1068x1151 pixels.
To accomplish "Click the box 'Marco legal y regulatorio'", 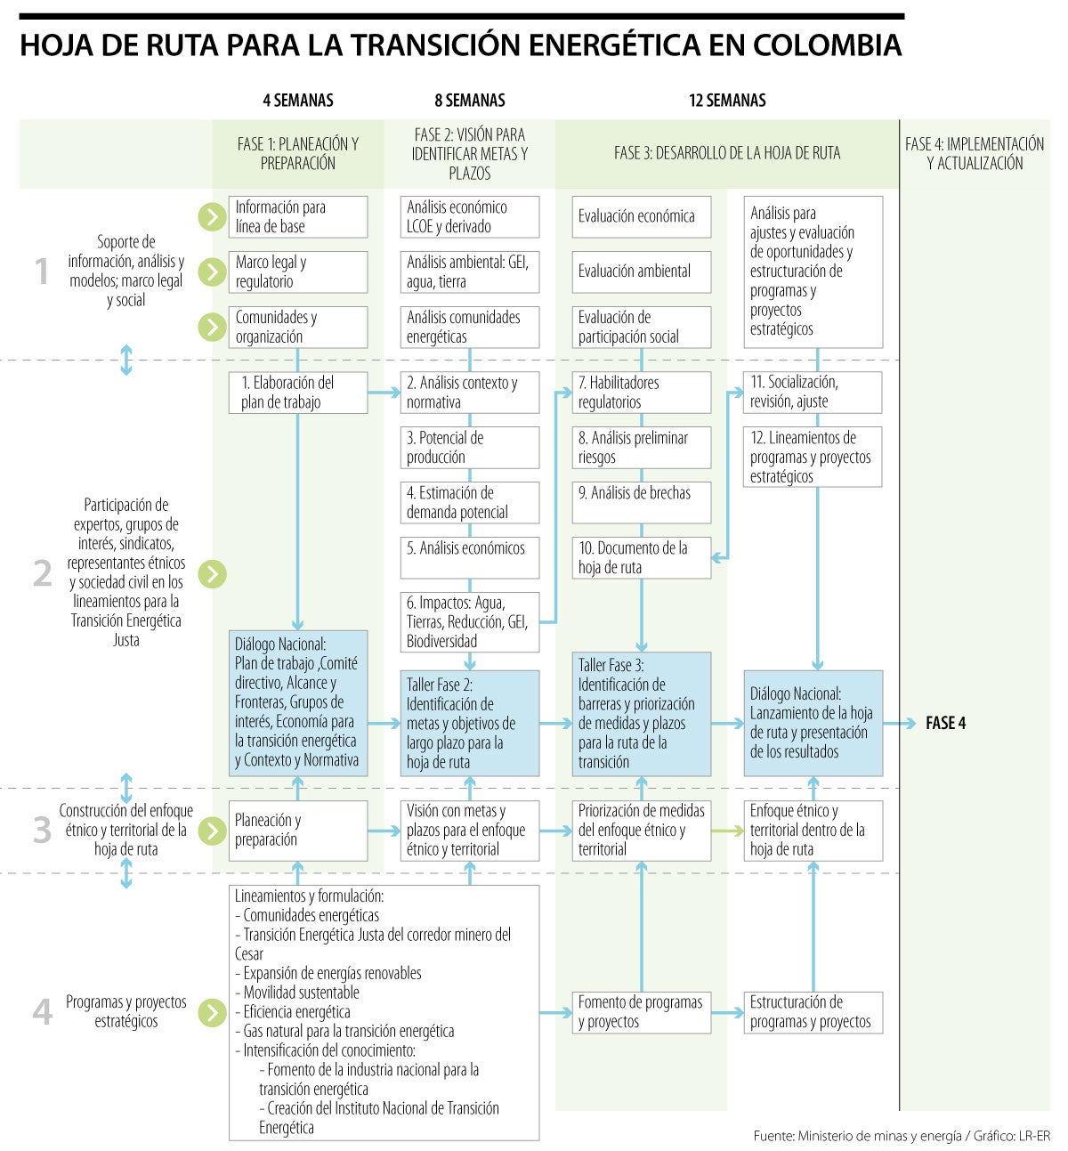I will [297, 272].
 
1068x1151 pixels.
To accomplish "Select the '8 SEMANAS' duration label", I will [469, 101].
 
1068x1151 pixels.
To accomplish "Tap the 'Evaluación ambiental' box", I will [641, 272].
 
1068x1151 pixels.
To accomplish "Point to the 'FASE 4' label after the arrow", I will [945, 724].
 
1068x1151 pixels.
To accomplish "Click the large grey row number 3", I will [42, 831].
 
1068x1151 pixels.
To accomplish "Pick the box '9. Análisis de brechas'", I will [641, 502].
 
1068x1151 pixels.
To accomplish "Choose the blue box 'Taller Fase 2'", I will [469, 723].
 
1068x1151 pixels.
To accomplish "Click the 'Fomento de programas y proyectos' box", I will [641, 1012].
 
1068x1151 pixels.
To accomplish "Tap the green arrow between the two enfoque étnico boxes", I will [727, 831].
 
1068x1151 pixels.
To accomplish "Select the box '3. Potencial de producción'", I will [469, 447].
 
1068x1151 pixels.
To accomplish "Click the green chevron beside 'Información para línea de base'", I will [212, 216].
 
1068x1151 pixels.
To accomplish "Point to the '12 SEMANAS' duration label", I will [727, 101].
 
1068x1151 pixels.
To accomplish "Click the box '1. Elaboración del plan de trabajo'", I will [297, 392].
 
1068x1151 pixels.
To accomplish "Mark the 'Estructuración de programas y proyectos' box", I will [813, 1012].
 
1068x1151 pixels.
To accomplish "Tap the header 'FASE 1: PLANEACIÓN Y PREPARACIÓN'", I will [297, 153].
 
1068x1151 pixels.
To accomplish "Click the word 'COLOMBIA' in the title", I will [827, 45].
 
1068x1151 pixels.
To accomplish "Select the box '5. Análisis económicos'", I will [469, 557].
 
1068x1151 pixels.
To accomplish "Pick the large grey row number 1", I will [42, 272].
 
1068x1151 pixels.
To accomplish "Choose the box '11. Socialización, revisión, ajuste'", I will [813, 392].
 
